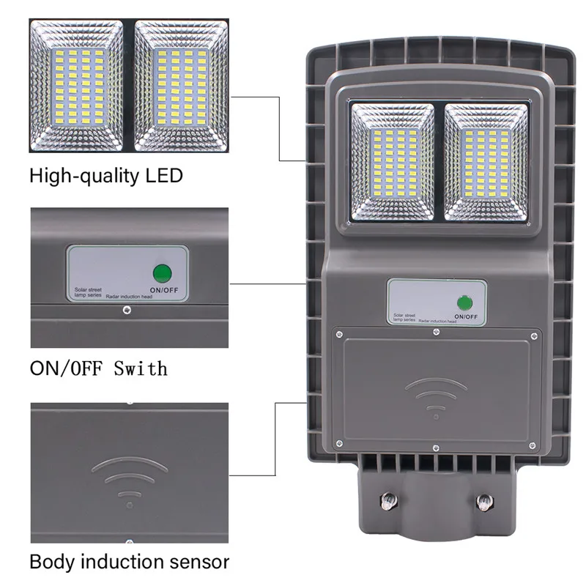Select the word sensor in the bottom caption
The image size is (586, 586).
[x=193, y=563]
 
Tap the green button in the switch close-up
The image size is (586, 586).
[x=162, y=274]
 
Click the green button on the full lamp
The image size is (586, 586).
[x=463, y=302]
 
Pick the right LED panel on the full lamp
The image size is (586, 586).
[x=486, y=162]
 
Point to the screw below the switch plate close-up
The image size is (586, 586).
[x=127, y=311]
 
